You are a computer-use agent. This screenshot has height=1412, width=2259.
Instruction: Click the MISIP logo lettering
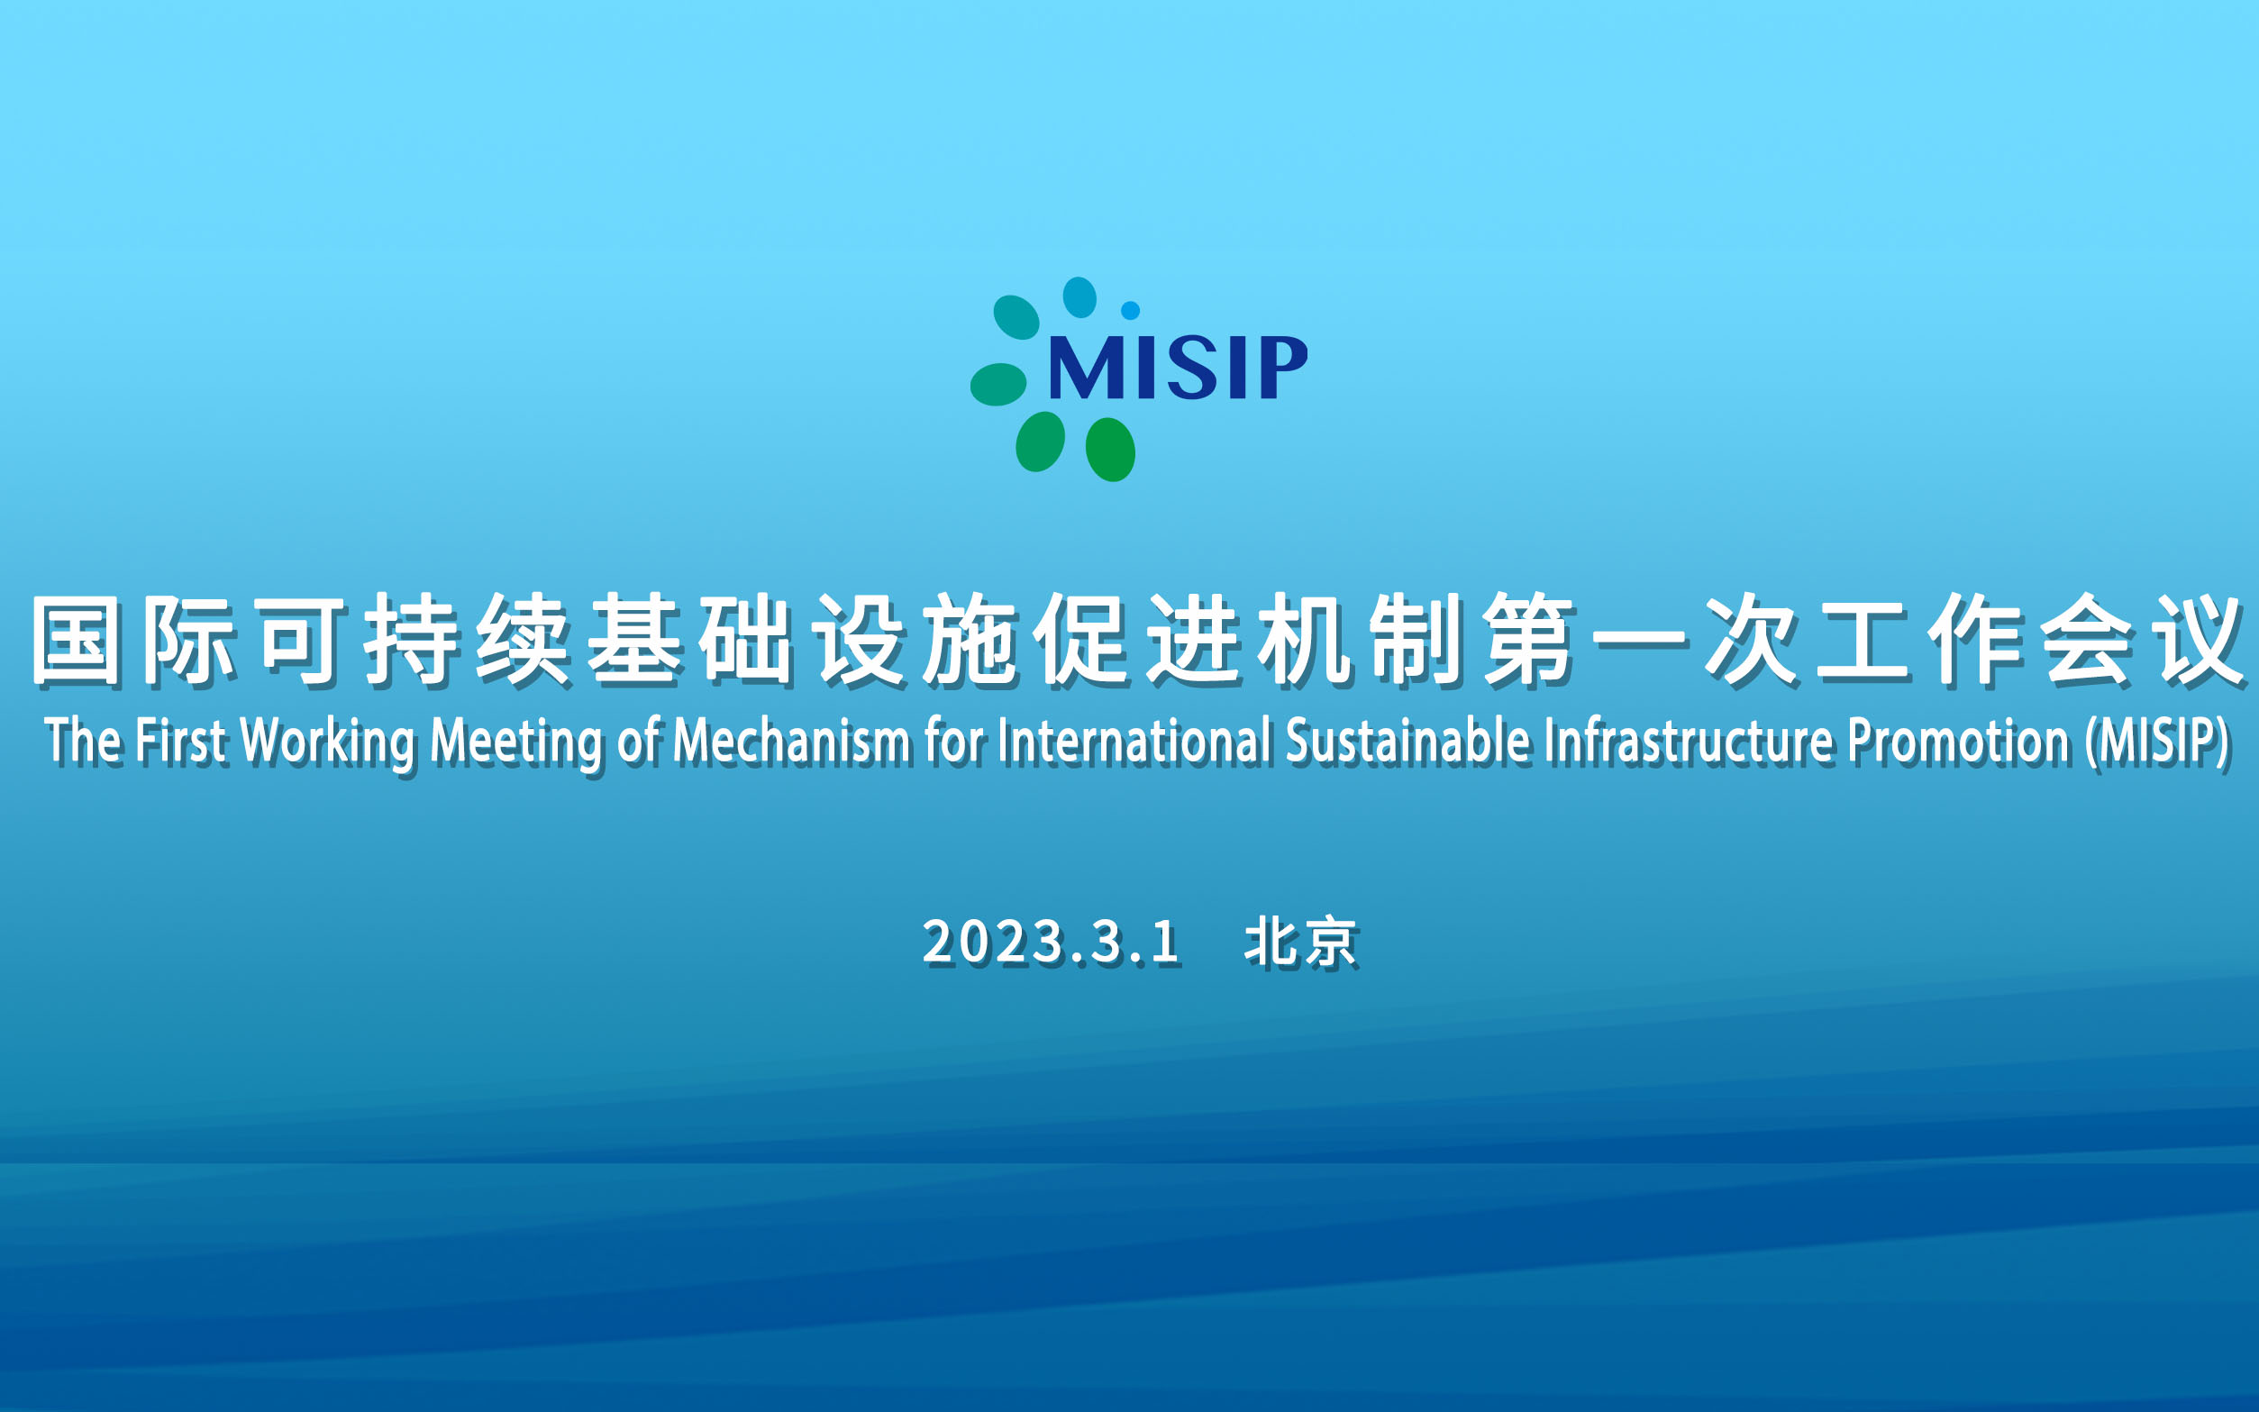pyautogui.click(x=1178, y=367)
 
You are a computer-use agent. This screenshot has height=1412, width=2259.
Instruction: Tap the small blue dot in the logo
pyautogui.click(x=1130, y=310)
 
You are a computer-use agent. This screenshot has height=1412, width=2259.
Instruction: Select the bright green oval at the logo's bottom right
pyautogui.click(x=1110, y=449)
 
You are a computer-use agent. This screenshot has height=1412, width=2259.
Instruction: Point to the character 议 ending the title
pyautogui.click(x=2200, y=641)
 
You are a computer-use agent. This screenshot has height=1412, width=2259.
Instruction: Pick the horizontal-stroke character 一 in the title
pyautogui.click(x=1641, y=641)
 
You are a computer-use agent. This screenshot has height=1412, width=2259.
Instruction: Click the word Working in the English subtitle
pyautogui.click(x=328, y=742)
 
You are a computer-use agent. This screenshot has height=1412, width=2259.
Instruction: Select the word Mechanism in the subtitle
pyautogui.click(x=791, y=742)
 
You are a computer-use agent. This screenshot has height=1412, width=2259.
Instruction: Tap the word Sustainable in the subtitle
pyautogui.click(x=1408, y=742)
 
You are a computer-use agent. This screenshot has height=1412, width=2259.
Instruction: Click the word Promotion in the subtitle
pyautogui.click(x=1959, y=742)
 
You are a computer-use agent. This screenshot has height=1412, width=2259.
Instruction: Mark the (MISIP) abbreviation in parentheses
pyautogui.click(x=2158, y=743)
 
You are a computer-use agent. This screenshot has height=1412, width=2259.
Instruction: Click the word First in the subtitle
pyautogui.click(x=180, y=742)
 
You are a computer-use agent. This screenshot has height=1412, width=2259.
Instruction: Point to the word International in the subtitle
pyautogui.click(x=1134, y=742)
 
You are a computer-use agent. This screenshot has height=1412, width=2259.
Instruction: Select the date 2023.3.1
pyautogui.click(x=1052, y=942)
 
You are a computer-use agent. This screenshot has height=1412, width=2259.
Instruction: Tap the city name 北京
pyautogui.click(x=1301, y=943)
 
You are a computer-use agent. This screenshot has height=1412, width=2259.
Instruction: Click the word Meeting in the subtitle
pyautogui.click(x=516, y=743)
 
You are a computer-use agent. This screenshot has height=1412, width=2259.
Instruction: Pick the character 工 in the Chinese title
pyautogui.click(x=1863, y=641)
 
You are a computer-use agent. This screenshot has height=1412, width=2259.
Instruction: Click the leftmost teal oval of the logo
pyautogui.click(x=998, y=384)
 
